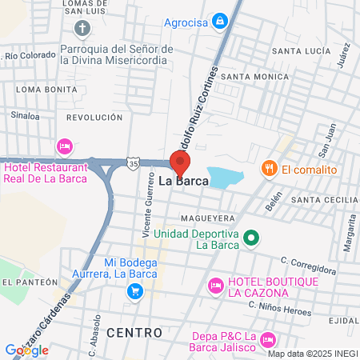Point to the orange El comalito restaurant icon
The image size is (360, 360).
click(269, 169)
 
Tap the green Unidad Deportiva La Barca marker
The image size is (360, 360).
click(251, 238)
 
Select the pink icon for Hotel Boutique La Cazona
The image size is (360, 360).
click(214, 285)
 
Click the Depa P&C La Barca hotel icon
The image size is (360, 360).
click(268, 339)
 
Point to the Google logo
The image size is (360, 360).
click(26, 350)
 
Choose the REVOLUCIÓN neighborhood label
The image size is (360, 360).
click(94, 117)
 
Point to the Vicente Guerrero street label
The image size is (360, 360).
click(148, 208)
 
